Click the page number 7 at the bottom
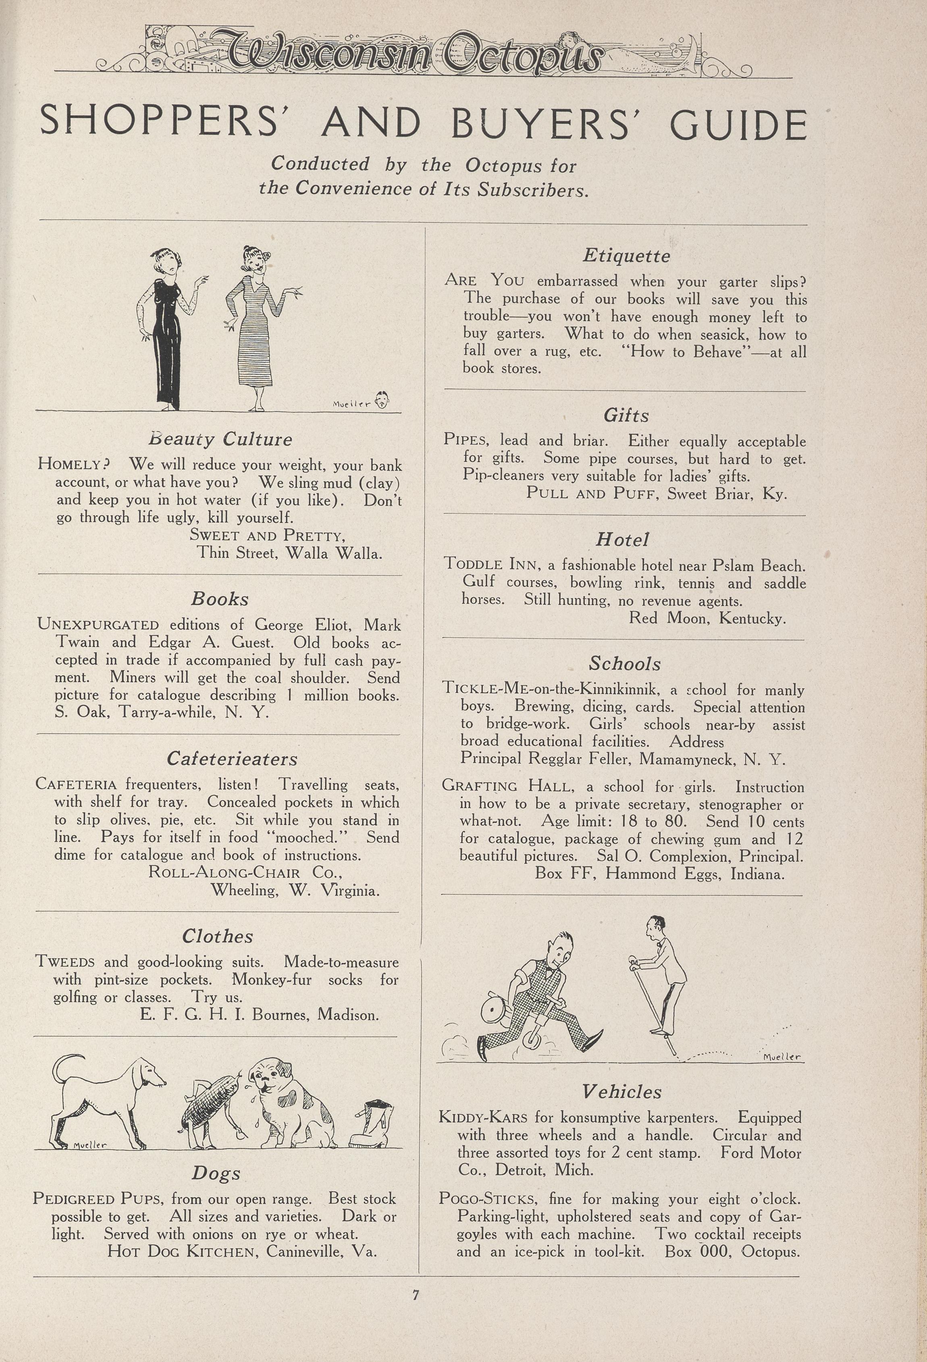point(416,1295)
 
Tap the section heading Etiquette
point(626,256)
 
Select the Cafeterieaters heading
point(232,759)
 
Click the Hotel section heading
point(622,539)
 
